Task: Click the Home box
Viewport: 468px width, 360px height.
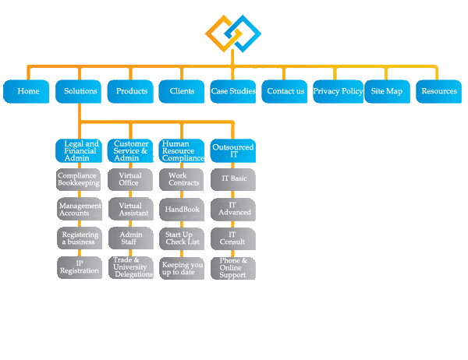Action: click(27, 91)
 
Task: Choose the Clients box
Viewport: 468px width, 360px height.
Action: click(182, 91)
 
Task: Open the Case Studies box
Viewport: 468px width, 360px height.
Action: click(233, 91)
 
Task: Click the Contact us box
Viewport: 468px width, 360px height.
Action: click(285, 91)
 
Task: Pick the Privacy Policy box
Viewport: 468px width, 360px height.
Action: click(337, 91)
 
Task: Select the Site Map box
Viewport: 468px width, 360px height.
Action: click(388, 91)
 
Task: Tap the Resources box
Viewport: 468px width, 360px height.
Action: click(438, 91)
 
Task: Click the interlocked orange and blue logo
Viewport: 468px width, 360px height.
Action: click(232, 34)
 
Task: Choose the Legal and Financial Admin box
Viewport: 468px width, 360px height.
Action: click(80, 150)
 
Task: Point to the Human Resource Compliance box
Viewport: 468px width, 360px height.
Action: click(183, 150)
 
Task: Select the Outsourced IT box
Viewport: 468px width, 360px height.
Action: click(233, 150)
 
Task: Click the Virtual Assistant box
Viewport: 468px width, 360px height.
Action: click(130, 209)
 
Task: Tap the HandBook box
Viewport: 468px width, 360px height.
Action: click(183, 209)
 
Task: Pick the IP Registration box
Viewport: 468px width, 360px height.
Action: click(80, 267)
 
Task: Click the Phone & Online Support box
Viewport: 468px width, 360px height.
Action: click(233, 267)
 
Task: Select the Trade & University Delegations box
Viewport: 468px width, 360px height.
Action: click(130, 267)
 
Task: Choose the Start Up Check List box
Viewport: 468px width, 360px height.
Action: click(183, 238)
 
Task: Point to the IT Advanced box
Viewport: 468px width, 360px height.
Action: click(233, 209)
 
